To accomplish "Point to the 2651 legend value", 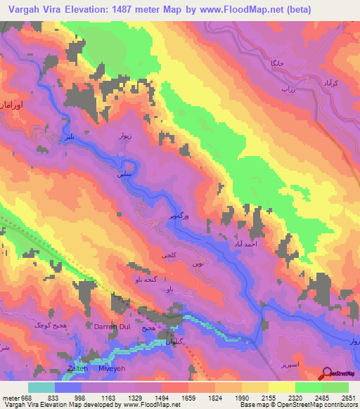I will point(349,397).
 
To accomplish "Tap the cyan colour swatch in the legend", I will point(41,387).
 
